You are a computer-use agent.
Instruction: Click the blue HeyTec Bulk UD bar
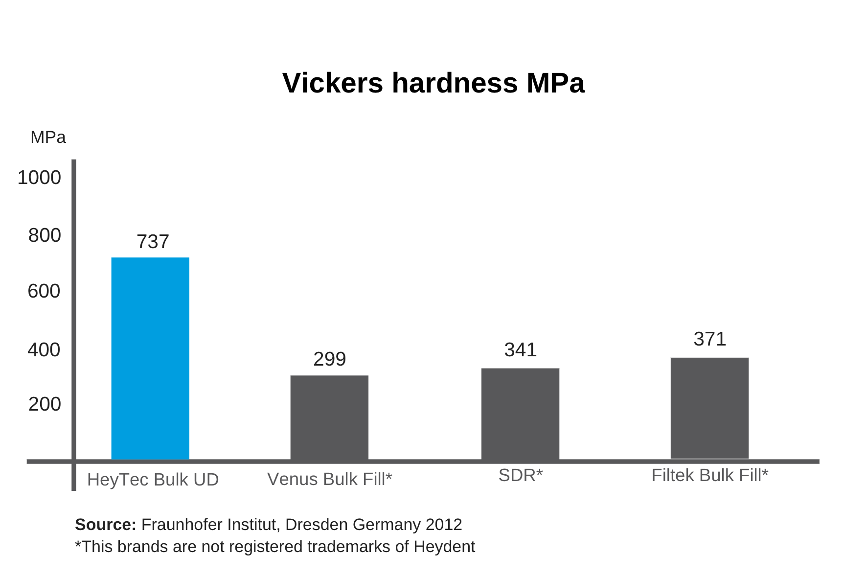point(150,358)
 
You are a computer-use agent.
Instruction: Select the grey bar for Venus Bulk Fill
point(329,417)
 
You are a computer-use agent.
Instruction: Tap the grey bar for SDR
point(520,414)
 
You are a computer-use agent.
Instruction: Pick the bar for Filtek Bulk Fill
point(709,408)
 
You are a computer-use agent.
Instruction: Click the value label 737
point(153,242)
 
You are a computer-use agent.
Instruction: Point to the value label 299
point(329,359)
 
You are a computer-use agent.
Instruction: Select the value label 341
point(520,350)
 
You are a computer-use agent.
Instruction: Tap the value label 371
point(709,339)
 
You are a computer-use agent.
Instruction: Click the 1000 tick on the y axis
point(39,178)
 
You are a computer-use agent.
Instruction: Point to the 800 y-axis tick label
point(45,235)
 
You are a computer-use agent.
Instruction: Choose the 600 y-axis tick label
point(44,291)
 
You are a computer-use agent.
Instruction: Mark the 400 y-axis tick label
point(44,350)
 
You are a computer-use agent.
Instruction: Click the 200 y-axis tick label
point(45,404)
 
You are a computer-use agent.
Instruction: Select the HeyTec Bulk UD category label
point(153,480)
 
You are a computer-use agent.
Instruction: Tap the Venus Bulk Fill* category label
point(329,479)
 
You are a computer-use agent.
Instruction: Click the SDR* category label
point(520,475)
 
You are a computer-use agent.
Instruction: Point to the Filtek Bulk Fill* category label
point(709,475)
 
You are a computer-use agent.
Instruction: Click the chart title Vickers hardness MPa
point(433,83)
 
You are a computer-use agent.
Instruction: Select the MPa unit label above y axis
point(48,138)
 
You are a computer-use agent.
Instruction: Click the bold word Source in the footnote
point(105,525)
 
